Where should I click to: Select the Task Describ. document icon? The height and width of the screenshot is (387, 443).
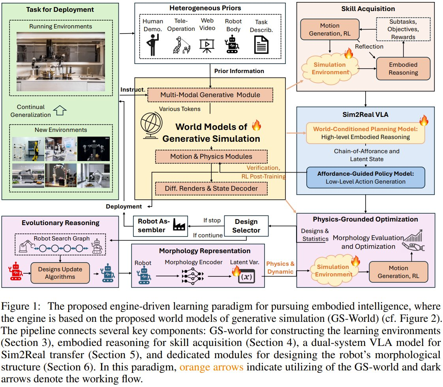point(260,44)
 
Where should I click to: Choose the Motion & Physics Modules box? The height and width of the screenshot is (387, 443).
point(211,156)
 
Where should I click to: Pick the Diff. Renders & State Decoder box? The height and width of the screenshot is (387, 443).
point(211,188)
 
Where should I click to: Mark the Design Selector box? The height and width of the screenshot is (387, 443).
point(246,226)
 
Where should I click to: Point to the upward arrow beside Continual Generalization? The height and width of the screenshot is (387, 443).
point(60,111)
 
